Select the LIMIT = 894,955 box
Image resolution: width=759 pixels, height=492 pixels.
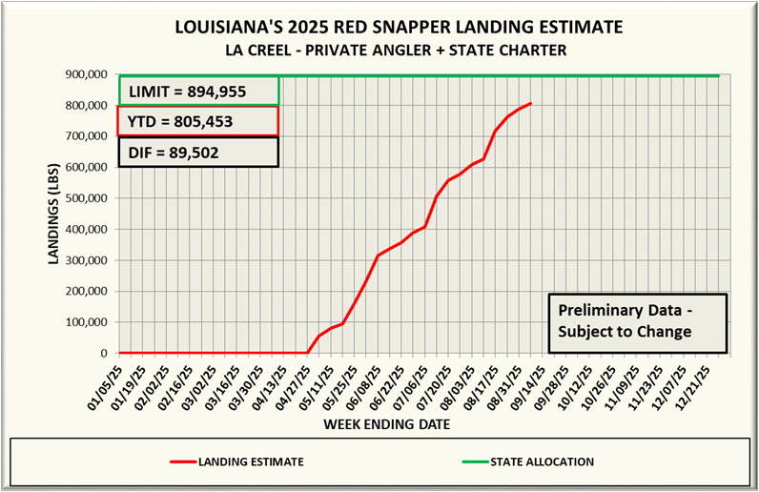[x=198, y=92]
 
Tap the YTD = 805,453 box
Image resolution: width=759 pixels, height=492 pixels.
[x=198, y=121]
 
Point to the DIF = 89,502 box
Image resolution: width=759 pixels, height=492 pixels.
[x=198, y=152]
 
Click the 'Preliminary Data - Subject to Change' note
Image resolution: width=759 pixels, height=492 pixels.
[x=637, y=321]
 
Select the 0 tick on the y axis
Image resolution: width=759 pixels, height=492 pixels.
[x=106, y=354]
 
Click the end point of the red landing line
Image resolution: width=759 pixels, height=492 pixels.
[x=530, y=103]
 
